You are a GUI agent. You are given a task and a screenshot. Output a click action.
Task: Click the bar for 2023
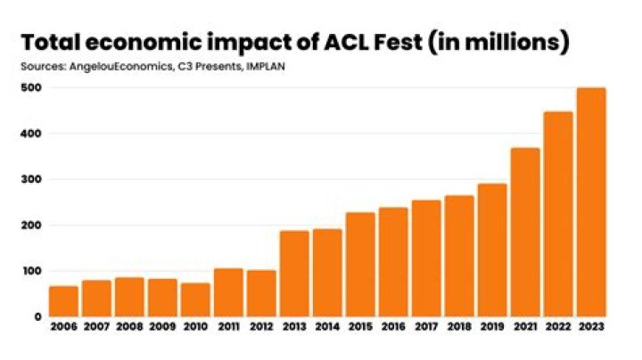pos(591,202)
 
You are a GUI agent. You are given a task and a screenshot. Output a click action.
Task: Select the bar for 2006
pos(63,301)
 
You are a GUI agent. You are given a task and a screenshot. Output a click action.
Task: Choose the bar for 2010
pos(195,299)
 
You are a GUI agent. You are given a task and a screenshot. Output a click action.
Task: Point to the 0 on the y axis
pos(37,317)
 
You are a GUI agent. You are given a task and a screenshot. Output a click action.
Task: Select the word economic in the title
pos(140,42)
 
